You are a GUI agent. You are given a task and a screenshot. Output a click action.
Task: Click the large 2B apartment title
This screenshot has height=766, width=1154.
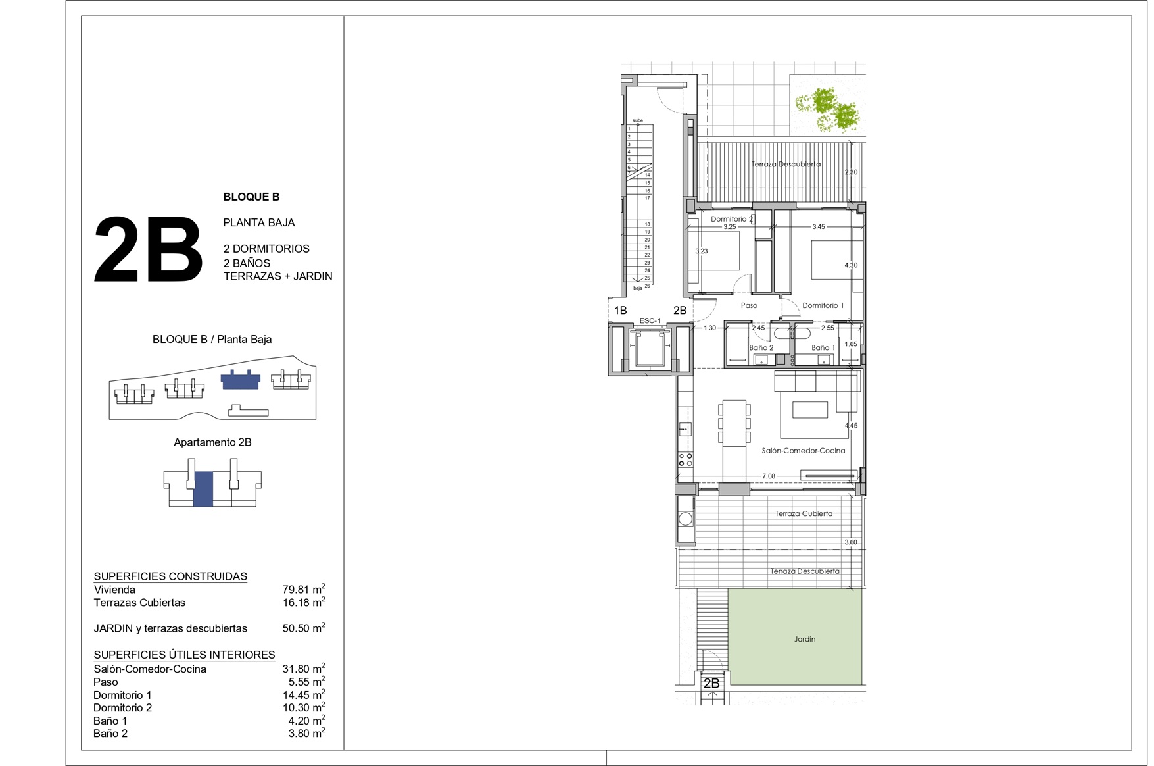(148, 250)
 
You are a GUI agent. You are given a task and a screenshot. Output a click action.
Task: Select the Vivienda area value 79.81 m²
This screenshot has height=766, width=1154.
(304, 589)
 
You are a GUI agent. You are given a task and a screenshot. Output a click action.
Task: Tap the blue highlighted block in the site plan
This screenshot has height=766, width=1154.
(240, 380)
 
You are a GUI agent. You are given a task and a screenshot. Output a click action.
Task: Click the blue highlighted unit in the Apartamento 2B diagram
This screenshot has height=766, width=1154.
(203, 488)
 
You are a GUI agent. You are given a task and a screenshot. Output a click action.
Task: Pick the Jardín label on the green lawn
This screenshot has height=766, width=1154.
(804, 639)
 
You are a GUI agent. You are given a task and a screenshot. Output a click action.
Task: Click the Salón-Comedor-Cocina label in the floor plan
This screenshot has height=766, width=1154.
(803, 451)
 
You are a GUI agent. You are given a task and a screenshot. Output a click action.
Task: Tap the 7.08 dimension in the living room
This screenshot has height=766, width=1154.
(769, 476)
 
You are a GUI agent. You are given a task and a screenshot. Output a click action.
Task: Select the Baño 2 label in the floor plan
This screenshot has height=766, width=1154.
(761, 347)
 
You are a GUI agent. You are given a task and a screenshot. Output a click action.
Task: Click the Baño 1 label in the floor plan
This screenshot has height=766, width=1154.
(823, 347)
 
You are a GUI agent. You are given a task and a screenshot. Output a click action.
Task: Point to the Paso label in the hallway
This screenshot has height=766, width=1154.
(749, 305)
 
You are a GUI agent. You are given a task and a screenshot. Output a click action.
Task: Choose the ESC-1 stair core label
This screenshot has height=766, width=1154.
(650, 320)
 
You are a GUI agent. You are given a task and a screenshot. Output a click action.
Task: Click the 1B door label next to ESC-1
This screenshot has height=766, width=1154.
(620, 310)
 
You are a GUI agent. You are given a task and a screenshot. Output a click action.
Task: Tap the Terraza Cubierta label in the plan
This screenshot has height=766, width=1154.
(804, 513)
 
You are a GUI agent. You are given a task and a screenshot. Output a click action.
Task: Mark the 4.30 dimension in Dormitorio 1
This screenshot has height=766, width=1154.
(851, 265)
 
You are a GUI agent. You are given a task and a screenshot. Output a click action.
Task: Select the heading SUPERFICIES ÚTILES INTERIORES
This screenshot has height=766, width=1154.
(184, 655)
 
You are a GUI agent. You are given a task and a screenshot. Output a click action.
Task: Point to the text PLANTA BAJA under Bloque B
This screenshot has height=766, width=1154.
(259, 222)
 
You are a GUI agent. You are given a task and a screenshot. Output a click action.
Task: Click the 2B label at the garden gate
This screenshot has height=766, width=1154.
(711, 683)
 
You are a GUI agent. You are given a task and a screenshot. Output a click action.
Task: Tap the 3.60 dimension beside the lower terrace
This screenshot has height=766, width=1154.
(851, 542)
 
